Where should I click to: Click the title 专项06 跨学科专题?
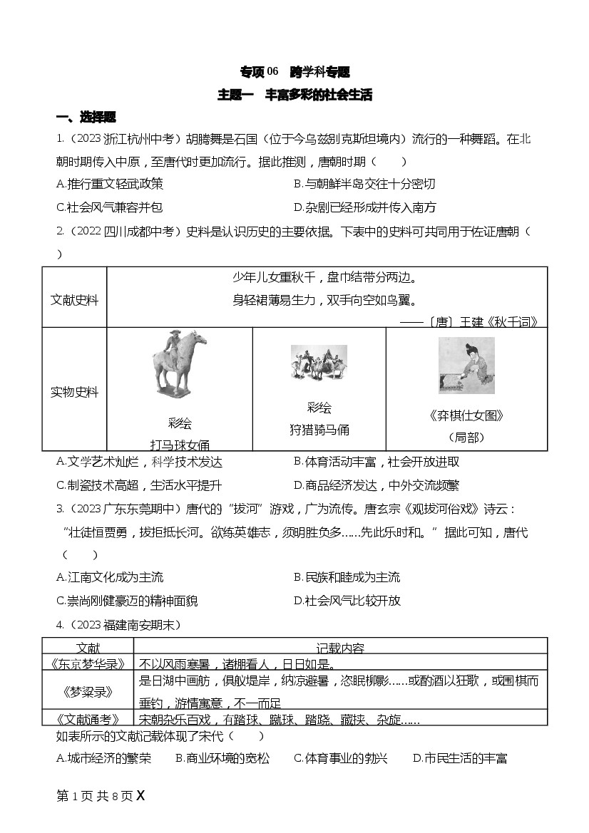(x=294, y=72)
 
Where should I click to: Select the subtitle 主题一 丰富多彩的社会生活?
(x=294, y=95)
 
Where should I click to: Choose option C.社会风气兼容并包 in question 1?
(x=109, y=207)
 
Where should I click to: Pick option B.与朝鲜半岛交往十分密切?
(x=364, y=184)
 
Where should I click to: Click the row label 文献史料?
(x=74, y=297)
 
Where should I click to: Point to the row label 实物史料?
(x=74, y=392)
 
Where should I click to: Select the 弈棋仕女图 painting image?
(x=466, y=365)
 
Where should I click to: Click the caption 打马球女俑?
(x=180, y=445)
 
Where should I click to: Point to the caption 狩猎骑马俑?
(x=319, y=430)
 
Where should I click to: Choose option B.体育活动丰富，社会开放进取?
(x=377, y=462)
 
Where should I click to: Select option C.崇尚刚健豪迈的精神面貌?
(x=127, y=601)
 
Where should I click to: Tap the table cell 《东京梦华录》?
(x=88, y=663)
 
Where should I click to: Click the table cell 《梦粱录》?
(x=88, y=690)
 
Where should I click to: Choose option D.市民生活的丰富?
(x=460, y=758)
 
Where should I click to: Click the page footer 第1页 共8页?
(x=94, y=796)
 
